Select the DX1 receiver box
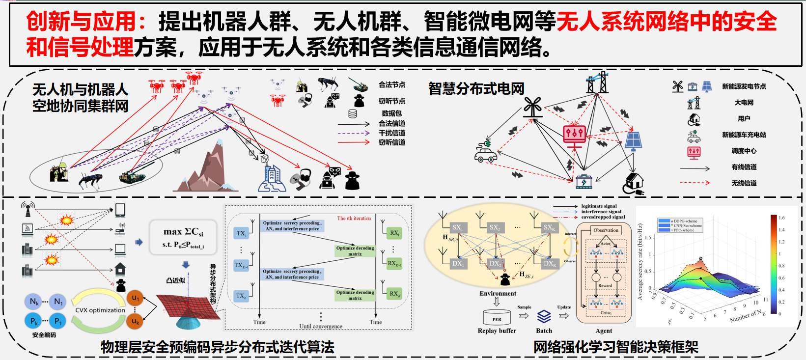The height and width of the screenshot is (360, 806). pyautogui.click(x=458, y=263)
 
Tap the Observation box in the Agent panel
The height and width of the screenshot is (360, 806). pyautogui.click(x=606, y=230)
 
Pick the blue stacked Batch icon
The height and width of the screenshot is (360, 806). pyautogui.click(x=544, y=316)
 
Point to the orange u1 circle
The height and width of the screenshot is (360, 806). pyautogui.click(x=136, y=298)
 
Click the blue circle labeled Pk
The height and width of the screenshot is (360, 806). pyautogui.click(x=34, y=321)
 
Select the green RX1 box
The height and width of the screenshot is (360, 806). pyautogui.click(x=394, y=233)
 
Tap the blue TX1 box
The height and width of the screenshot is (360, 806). pyautogui.click(x=241, y=233)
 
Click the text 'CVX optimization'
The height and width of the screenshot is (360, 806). pyautogui.click(x=100, y=310)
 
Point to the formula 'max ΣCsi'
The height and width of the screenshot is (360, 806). pyautogui.click(x=183, y=231)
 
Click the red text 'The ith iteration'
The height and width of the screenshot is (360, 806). pyautogui.click(x=354, y=218)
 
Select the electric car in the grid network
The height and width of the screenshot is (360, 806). pyautogui.click(x=486, y=153)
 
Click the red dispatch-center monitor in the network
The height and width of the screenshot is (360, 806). pyautogui.click(x=574, y=135)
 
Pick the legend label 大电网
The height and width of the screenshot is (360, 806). pyautogui.click(x=744, y=103)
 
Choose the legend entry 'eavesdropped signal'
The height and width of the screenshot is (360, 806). pyautogui.click(x=603, y=217)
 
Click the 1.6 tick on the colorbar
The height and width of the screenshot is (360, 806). pyautogui.click(x=781, y=218)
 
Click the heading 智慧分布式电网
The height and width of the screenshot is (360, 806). pyautogui.click(x=476, y=88)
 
